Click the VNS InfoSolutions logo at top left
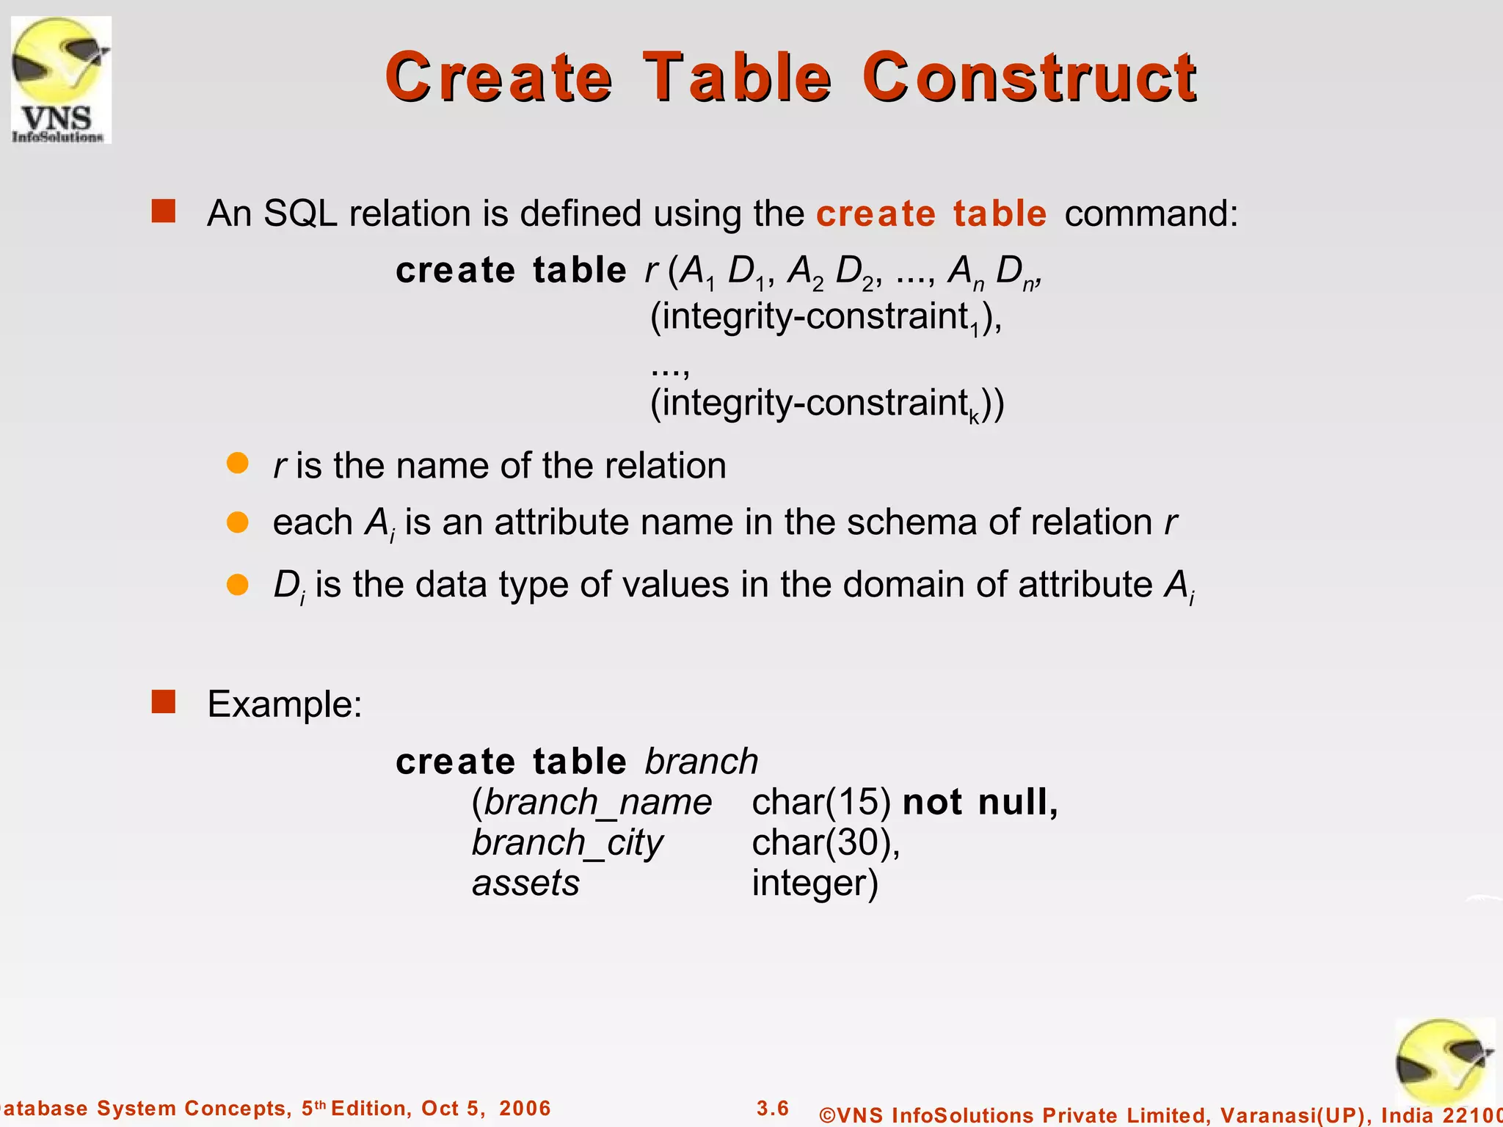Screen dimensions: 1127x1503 pos(61,79)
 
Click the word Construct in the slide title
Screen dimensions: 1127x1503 pos(1029,77)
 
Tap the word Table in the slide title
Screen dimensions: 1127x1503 pos(737,77)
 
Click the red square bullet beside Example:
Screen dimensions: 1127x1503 pos(164,701)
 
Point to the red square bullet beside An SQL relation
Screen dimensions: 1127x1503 pos(164,211)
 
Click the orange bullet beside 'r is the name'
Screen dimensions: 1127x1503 pos(238,463)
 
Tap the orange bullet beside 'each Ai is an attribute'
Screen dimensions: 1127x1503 pos(238,522)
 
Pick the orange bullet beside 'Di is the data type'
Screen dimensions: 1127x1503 pos(238,584)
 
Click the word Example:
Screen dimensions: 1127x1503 pos(285,704)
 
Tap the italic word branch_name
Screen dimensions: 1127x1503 pos(592,802)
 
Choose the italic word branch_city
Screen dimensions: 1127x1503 pos(567,842)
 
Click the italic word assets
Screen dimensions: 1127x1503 pos(525,883)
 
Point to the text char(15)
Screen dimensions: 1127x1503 pos(821,802)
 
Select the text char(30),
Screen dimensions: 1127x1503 pos(826,842)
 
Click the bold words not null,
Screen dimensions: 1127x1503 pos(980,802)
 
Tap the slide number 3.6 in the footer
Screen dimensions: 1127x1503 pos(773,1108)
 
